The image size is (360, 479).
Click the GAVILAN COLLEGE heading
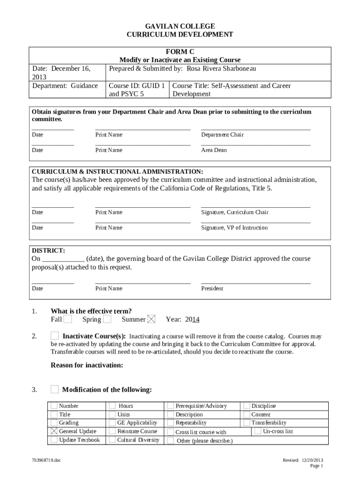pyautogui.click(x=180, y=26)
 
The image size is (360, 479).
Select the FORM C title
pyautogui.click(x=180, y=51)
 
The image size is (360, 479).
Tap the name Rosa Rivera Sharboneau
pyautogui.click(x=222, y=69)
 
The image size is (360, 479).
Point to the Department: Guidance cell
pyautogui.click(x=65, y=86)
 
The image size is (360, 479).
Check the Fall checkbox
pyautogui.click(x=68, y=319)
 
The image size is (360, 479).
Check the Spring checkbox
pyautogui.click(x=107, y=319)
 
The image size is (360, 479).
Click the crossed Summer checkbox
pyautogui.click(x=151, y=319)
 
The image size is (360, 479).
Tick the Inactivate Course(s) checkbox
pyautogui.click(x=55, y=336)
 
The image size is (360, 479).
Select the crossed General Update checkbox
pyautogui.click(x=54, y=431)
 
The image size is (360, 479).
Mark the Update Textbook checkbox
pyautogui.click(x=54, y=440)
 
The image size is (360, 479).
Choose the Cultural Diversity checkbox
pyautogui.click(x=112, y=440)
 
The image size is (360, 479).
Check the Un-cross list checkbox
pyautogui.click(x=258, y=431)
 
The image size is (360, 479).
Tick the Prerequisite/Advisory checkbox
pyautogui.click(x=171, y=406)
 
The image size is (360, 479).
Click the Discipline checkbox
pyautogui.click(x=246, y=406)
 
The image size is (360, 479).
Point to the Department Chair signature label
pyautogui.click(x=222, y=135)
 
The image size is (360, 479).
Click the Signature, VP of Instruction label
pyautogui.click(x=234, y=228)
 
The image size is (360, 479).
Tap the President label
pyautogui.click(x=212, y=289)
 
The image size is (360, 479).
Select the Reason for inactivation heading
pyautogui.click(x=86, y=366)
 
